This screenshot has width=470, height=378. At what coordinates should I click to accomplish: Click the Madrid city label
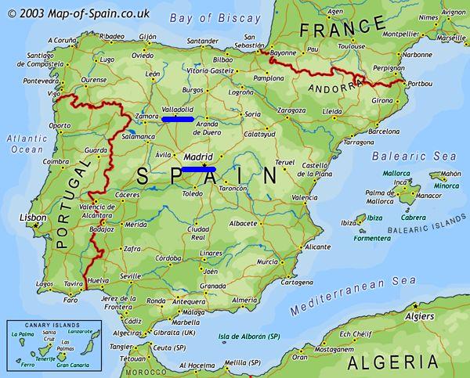tap(198, 157)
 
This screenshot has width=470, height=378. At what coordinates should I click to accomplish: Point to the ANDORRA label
tap(333, 88)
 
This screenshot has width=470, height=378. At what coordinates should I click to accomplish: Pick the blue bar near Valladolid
tap(178, 119)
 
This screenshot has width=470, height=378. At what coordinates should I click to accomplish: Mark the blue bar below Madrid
tap(199, 168)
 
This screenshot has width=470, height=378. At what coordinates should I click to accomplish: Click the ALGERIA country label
tap(392, 362)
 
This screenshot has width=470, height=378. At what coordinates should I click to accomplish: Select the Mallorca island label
tap(396, 173)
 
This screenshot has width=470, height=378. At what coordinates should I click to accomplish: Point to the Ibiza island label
tap(374, 218)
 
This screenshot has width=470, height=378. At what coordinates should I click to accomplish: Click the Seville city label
tap(130, 275)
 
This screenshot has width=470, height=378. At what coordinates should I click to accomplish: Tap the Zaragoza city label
tap(292, 111)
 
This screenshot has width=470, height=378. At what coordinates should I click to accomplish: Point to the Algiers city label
tap(420, 316)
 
